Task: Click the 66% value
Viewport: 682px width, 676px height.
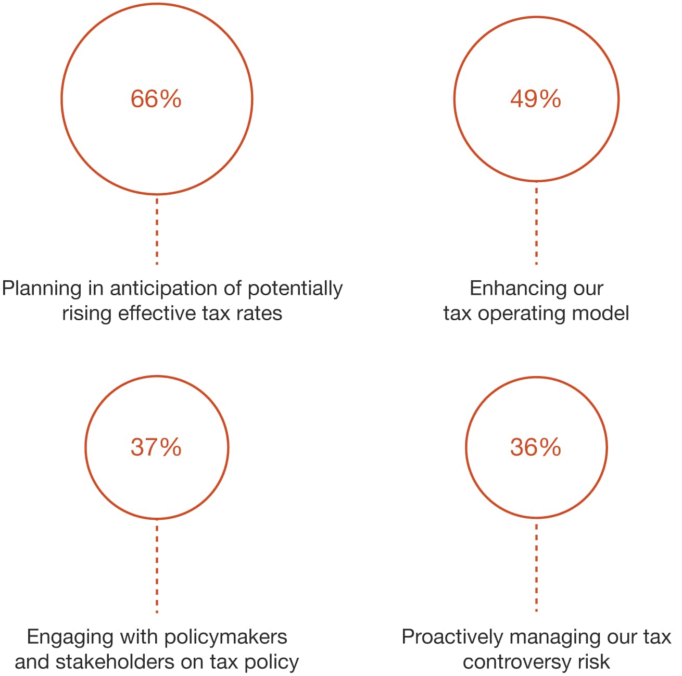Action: (x=156, y=99)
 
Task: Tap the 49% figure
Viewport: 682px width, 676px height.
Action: (x=535, y=99)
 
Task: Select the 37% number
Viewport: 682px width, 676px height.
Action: (x=156, y=447)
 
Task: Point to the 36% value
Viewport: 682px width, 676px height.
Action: (x=535, y=447)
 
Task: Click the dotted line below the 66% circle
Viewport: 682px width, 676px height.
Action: (x=157, y=230)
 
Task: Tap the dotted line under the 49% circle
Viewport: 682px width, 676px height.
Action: (x=536, y=224)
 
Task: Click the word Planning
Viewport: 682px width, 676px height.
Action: (x=42, y=289)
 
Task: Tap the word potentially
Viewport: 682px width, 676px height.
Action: (x=295, y=289)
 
